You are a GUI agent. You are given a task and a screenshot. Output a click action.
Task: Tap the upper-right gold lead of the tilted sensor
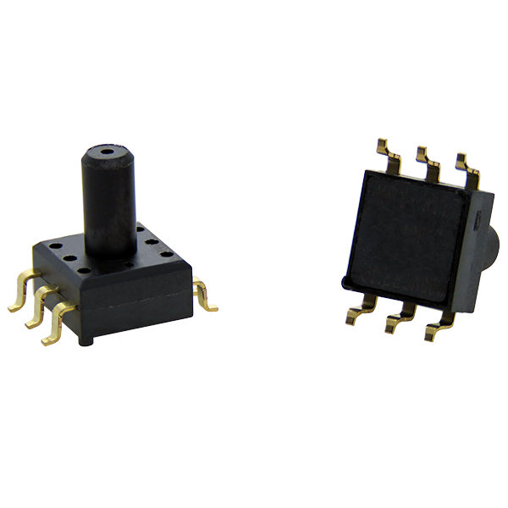468,169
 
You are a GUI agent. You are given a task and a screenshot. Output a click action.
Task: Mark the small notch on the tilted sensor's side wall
478,222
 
